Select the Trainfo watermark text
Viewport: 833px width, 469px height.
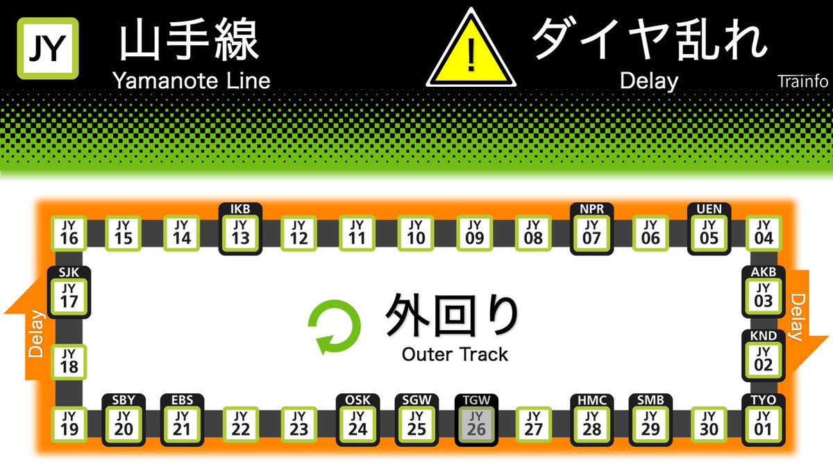(x=802, y=81)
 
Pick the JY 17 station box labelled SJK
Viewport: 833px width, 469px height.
(x=69, y=296)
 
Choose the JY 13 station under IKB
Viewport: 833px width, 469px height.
(x=240, y=233)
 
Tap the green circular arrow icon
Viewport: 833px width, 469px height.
(x=335, y=326)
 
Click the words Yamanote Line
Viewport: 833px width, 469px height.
(x=191, y=81)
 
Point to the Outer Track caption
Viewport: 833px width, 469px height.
(x=455, y=354)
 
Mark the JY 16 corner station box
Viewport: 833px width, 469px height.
(x=69, y=233)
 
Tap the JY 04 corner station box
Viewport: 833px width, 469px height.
(x=763, y=233)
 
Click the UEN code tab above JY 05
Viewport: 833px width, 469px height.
(x=709, y=209)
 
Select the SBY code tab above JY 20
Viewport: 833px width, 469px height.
(x=124, y=400)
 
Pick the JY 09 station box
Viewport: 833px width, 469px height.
(x=475, y=233)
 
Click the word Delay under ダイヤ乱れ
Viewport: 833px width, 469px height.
(x=648, y=81)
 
